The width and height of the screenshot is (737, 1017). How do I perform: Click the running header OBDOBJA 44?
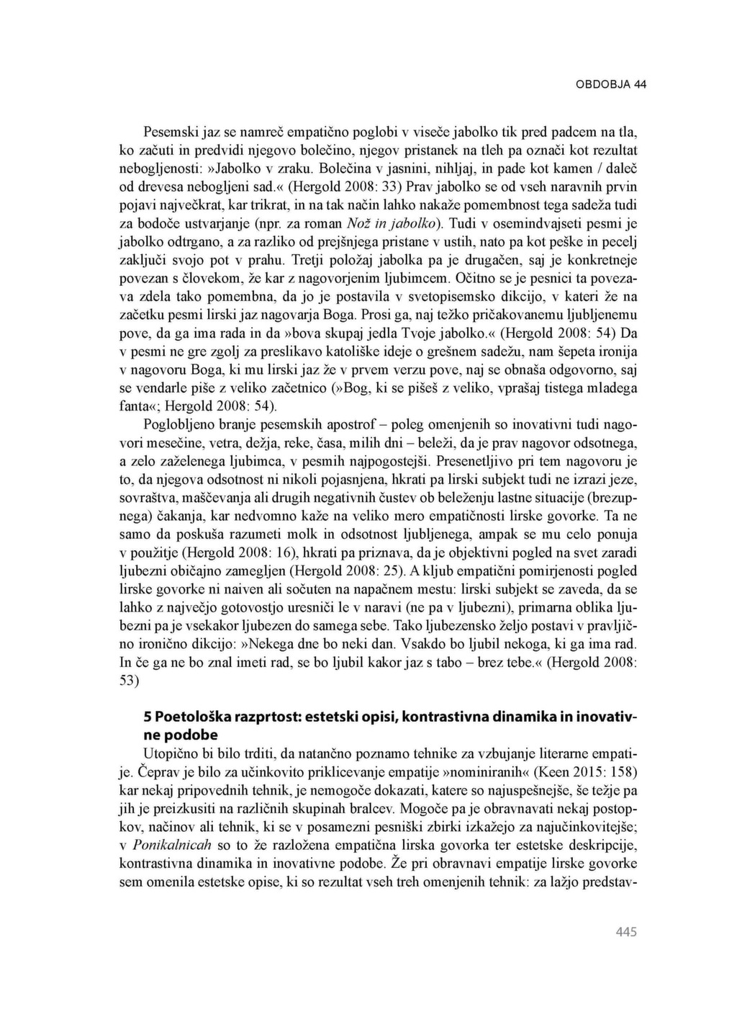(610, 84)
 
